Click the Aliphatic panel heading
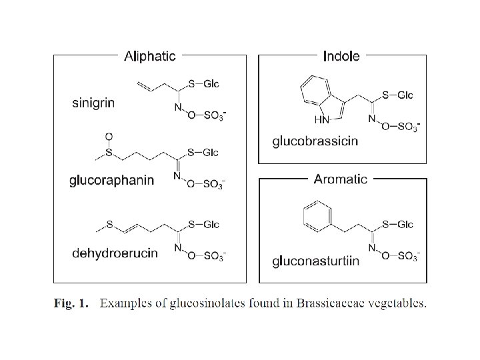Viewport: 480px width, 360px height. click(150, 56)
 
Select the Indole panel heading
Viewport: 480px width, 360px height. click(341, 56)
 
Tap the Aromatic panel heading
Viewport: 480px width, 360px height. click(341, 179)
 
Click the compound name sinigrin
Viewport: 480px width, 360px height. click(93, 103)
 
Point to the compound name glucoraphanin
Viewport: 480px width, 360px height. click(112, 180)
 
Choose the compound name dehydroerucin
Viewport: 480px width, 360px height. click(115, 253)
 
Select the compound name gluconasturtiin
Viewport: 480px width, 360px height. click(316, 261)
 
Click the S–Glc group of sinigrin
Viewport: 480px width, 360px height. click(203, 84)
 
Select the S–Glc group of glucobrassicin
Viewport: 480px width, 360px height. click(397, 95)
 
